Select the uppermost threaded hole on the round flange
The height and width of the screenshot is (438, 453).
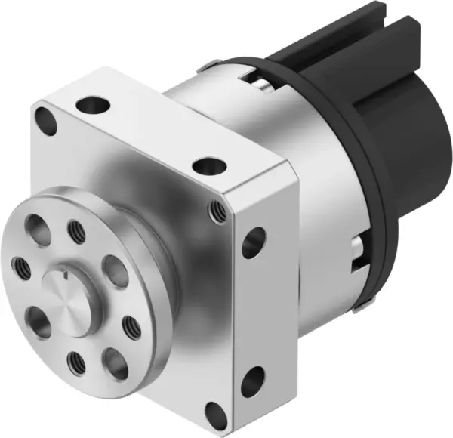click(x=75, y=227)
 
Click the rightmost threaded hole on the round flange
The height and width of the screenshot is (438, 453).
click(x=131, y=325)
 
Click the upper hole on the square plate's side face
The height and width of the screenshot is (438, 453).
click(x=254, y=242)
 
